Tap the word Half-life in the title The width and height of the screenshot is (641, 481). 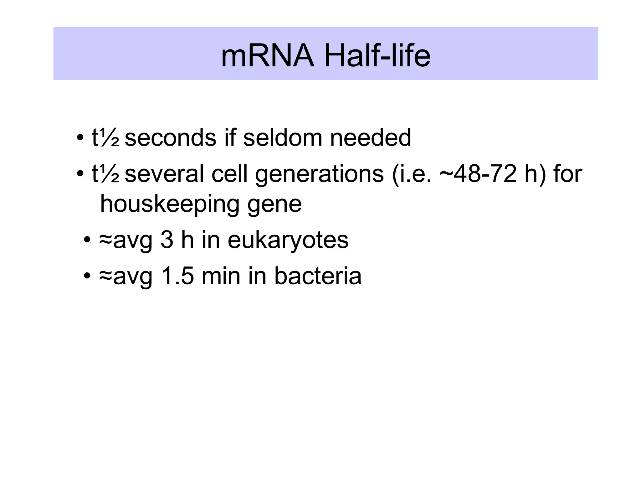(377, 56)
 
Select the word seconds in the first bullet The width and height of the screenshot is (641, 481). (170, 138)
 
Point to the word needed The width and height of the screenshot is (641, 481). (370, 138)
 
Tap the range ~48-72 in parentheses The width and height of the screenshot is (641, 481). (478, 174)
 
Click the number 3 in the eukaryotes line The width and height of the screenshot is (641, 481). (167, 240)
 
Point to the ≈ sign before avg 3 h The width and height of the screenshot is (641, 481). (105, 240)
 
